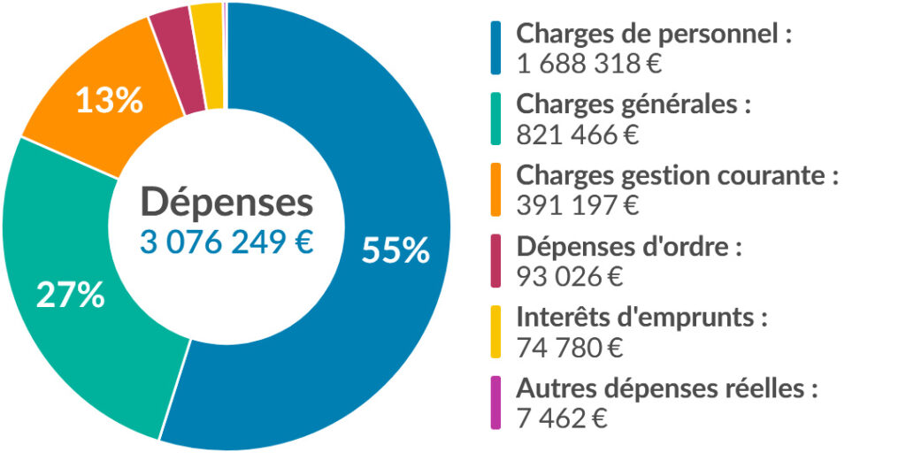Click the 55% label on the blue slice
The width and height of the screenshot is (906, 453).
tap(395, 250)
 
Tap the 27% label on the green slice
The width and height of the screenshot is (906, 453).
tap(70, 295)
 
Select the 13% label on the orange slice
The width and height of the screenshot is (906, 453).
tap(109, 101)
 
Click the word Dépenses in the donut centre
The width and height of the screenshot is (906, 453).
tap(226, 203)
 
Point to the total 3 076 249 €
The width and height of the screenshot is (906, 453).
tap(226, 242)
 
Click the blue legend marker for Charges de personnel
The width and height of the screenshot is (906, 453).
tap(495, 48)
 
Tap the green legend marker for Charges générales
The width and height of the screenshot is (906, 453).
tap(495, 119)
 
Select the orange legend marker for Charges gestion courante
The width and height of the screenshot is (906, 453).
tap(495, 189)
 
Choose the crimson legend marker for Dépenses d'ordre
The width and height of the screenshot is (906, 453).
tap(495, 260)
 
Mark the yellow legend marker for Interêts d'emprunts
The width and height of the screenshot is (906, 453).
tap(495, 331)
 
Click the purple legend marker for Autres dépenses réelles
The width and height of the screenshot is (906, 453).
tap(495, 402)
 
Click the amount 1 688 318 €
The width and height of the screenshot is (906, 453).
tap(590, 64)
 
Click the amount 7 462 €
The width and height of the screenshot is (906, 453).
tap(562, 418)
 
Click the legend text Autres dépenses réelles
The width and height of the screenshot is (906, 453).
tap(666, 388)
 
